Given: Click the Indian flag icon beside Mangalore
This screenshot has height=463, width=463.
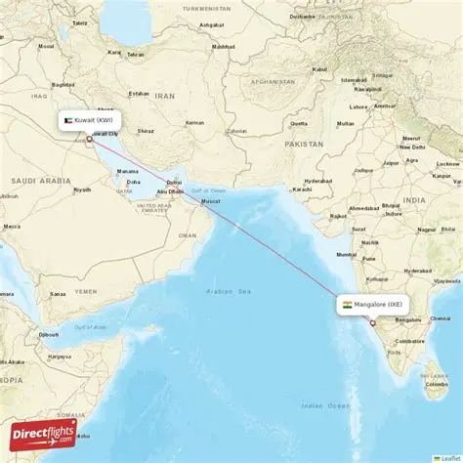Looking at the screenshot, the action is pos(347,305).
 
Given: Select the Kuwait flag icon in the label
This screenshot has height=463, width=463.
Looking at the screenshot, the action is pos(68,120).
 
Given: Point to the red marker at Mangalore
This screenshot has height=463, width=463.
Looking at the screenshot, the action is pos(372,322).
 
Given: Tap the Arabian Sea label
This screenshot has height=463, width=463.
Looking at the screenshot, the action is pos(228,291).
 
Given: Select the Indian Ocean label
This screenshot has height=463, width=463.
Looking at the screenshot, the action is pos(325,404).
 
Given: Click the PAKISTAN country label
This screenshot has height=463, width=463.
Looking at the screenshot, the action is pos(304,144).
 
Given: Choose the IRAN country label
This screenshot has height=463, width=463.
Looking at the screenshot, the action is pos(164,96).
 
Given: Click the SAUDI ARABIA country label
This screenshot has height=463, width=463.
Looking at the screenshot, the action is pos(36,181).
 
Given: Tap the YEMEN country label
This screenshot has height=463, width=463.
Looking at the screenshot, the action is pos(86,291).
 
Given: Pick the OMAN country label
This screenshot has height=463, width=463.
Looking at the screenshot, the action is pos(187,234).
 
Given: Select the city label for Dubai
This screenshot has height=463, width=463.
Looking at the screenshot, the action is pos(174,182).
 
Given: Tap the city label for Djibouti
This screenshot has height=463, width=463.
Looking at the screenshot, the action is pos(48,334).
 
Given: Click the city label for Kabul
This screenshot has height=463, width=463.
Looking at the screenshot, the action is pos(318,69).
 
